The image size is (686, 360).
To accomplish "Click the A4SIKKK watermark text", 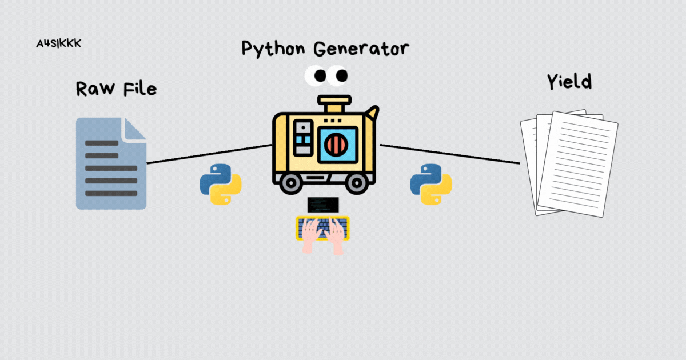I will point(58,44).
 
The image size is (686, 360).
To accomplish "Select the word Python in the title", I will point(271,49).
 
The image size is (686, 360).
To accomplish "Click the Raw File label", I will point(116,89).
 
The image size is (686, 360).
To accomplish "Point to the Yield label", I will point(569,82).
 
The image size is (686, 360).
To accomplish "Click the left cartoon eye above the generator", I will point(315,75).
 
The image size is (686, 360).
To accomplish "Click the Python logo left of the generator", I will point(220,184).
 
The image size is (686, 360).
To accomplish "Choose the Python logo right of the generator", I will point(431,184).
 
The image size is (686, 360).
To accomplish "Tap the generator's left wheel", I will point(290,183).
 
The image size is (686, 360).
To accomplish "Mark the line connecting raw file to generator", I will point(209,154).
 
